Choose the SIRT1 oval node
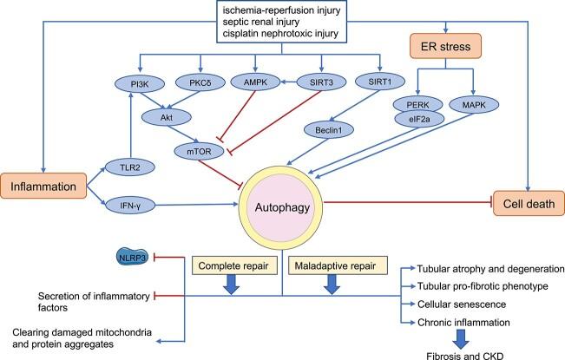point(379,84)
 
